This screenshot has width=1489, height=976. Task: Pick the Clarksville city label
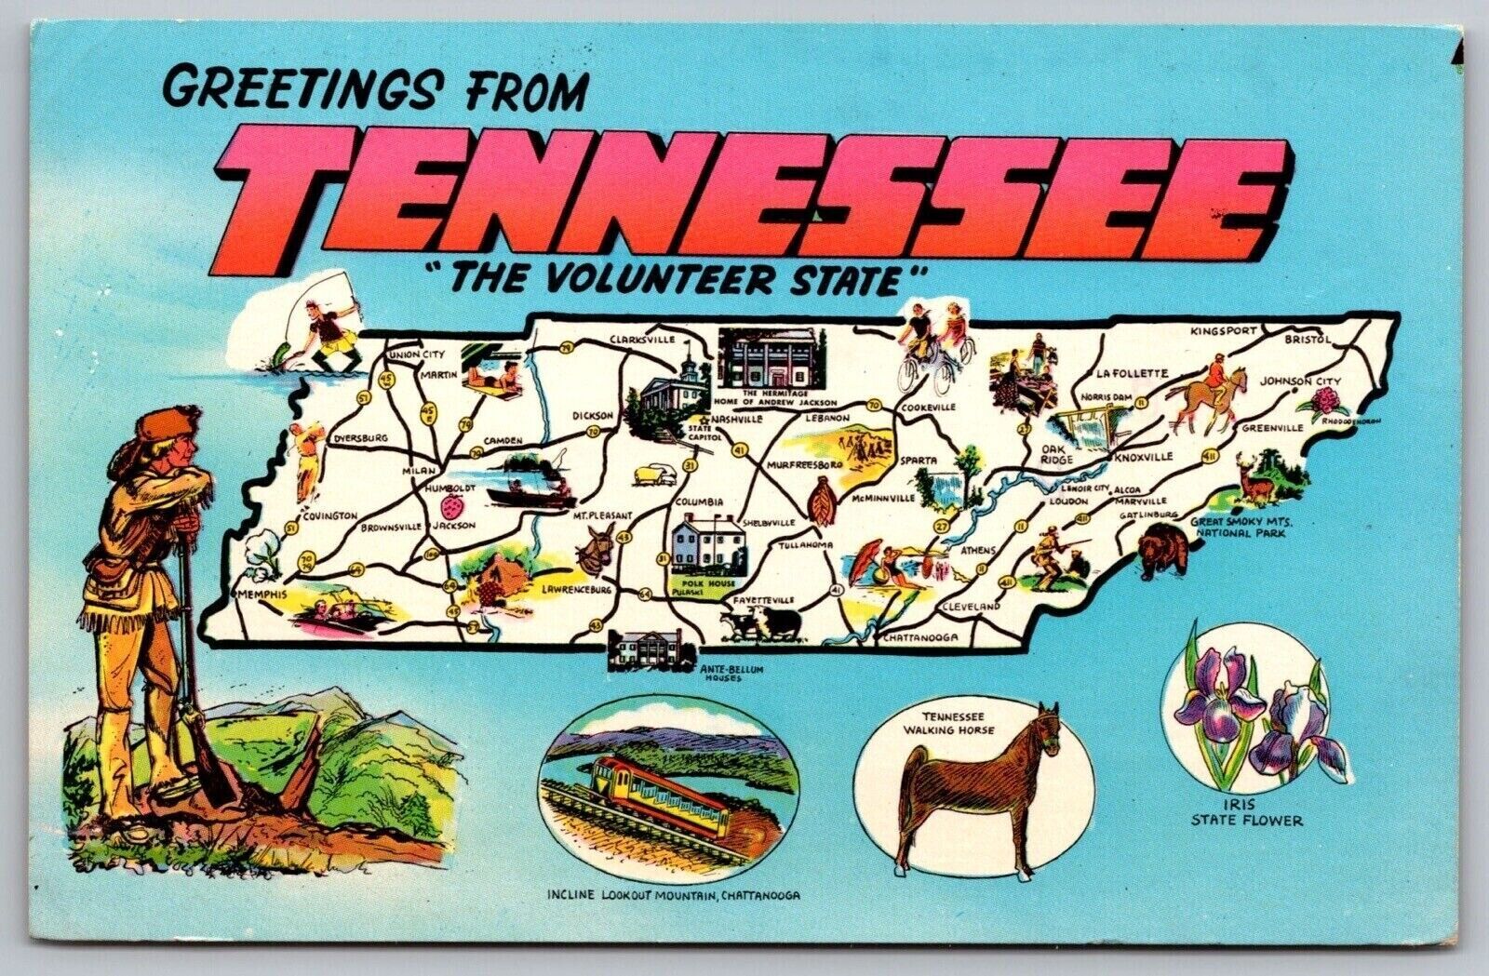[x=642, y=341]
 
